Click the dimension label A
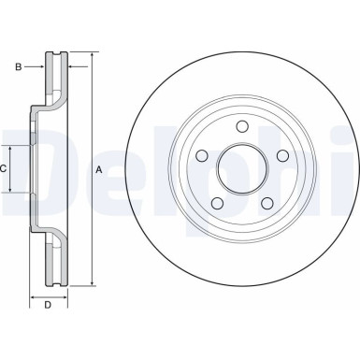[100, 169]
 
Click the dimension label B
[18, 65]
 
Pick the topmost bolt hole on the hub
[240, 127]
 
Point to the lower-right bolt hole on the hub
[265, 203]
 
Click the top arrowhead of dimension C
[11, 150]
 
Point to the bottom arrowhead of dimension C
[11, 190]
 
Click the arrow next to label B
[40, 65]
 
